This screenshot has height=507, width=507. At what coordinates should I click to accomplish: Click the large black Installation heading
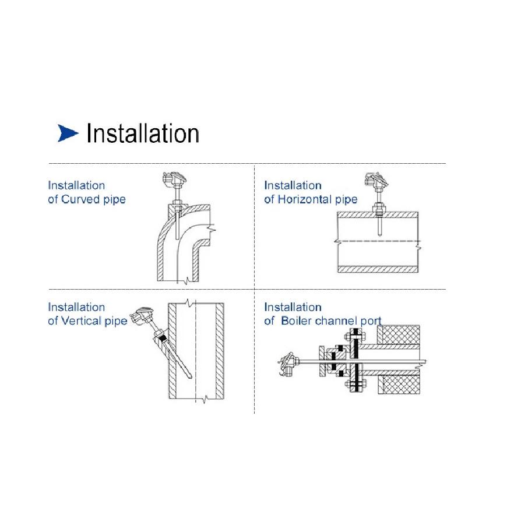click(x=143, y=133)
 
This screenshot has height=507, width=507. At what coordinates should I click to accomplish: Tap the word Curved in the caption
click(x=80, y=199)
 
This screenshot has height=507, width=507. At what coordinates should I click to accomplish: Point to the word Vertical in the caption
click(x=81, y=321)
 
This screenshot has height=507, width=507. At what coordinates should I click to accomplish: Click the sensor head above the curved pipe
click(x=175, y=179)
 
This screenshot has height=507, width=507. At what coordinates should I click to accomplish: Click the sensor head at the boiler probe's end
click(x=287, y=364)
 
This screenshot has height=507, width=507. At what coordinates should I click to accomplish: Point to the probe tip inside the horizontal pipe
click(x=379, y=234)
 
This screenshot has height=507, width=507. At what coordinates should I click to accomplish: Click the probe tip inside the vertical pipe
click(x=190, y=376)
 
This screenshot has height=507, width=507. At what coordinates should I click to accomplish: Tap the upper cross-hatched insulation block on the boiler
click(x=399, y=335)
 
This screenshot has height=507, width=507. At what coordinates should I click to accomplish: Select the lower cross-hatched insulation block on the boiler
click(x=399, y=385)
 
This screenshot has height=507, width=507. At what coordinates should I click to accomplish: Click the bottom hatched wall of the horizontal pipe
click(x=378, y=269)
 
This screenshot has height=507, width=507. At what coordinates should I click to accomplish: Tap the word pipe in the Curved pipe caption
click(x=114, y=200)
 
